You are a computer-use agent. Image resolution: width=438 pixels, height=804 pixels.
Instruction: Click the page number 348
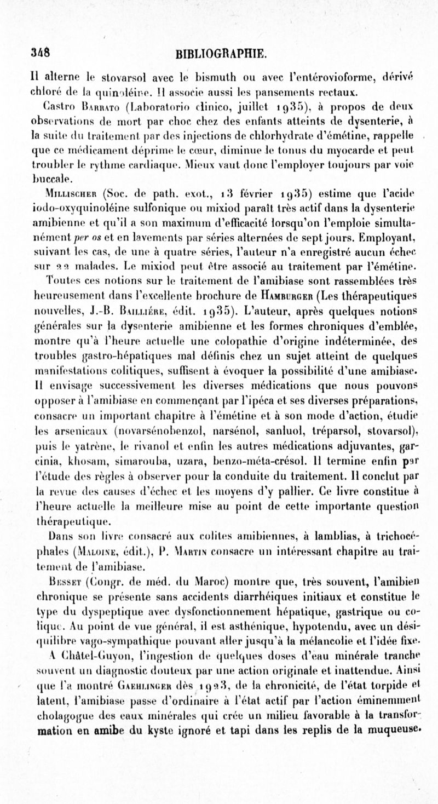[40, 53]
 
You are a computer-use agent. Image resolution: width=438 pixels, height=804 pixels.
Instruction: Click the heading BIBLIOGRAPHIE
[220, 54]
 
